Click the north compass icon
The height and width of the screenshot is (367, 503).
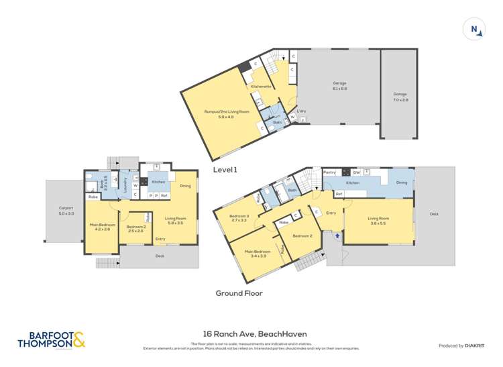pos(475,30)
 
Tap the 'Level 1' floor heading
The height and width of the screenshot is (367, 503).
pos(225,170)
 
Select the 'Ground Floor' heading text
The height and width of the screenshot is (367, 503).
pos(239,293)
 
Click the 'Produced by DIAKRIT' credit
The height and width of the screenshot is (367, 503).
pos(461,346)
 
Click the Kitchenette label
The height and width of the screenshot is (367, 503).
pos(261,87)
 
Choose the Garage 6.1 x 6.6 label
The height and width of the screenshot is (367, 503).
pos(339,86)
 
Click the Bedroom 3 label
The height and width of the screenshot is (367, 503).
pos(239,217)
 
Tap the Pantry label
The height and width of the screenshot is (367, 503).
pos(329,172)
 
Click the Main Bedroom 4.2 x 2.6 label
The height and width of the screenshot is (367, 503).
pos(103,227)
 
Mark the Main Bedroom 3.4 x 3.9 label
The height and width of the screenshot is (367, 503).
pos(254,254)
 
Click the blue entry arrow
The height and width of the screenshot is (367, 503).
pos(337,237)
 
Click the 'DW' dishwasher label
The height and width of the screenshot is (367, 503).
pos(356,172)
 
